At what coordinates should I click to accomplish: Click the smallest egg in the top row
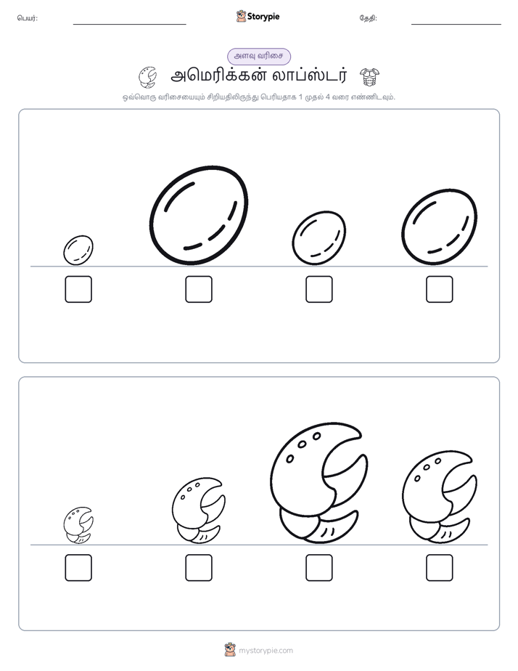coord(78,250)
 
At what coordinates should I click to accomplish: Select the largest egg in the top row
coord(200,216)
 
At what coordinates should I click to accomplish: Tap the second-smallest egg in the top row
coord(319,238)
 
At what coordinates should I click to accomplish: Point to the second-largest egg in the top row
coord(440,227)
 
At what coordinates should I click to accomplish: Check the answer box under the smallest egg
coord(78,289)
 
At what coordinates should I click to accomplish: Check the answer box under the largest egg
coord(199,289)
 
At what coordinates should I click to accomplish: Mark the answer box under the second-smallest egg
coord(319,289)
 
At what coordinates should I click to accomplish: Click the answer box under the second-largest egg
coord(440,289)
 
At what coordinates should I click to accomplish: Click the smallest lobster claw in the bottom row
coord(78,526)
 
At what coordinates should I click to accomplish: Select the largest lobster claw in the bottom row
coord(318,483)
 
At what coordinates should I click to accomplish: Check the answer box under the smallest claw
coord(78,568)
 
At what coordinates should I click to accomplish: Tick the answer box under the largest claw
coord(319,568)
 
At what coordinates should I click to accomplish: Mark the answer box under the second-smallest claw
coord(199,568)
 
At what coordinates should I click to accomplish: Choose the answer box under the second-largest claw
coord(440,568)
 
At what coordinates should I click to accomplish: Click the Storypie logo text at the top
coord(263,17)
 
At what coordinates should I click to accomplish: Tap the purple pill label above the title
coord(259,57)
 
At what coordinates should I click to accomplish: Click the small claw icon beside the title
coord(148,77)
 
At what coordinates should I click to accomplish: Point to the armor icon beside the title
coord(370,76)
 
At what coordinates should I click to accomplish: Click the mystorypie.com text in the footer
coord(266,651)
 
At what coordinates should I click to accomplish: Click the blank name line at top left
coord(129,25)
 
